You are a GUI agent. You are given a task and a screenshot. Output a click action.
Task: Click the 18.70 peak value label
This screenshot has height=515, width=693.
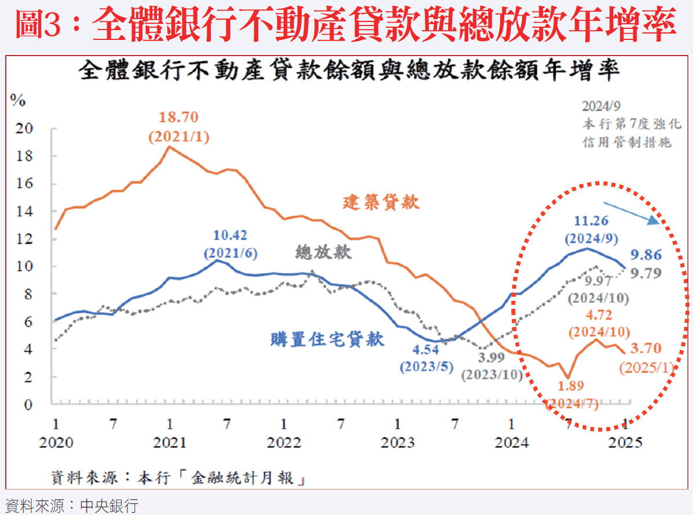pos(179,117)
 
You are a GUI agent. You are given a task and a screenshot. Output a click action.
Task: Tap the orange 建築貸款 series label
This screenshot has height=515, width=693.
pos(381,202)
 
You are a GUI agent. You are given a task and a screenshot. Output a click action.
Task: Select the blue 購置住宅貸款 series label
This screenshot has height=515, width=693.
pos(327,339)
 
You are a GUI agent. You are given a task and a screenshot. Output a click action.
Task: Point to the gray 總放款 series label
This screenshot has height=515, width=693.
pos(324,252)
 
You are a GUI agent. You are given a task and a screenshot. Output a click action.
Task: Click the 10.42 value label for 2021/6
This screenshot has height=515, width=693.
pos(230,236)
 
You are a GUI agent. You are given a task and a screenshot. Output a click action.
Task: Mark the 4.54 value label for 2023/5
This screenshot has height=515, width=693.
pos(426,350)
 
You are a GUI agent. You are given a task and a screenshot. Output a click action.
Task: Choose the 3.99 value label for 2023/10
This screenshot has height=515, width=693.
pos(492,358)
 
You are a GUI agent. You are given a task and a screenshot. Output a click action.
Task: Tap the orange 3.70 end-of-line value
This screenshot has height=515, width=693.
pos(645,348)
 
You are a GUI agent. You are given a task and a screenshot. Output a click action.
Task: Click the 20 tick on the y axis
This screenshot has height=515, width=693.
pos(23,128)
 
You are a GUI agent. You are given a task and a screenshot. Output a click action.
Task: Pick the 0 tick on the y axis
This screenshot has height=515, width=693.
pos(27,404)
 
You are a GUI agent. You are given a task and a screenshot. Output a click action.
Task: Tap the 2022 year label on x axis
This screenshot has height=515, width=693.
pos(284,443)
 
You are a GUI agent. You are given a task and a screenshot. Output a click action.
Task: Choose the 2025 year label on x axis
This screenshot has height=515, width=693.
pos(625,443)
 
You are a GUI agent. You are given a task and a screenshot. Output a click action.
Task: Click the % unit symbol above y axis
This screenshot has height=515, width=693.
pos(18,101)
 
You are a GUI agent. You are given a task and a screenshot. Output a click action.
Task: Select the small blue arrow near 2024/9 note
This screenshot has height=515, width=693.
pos(631,212)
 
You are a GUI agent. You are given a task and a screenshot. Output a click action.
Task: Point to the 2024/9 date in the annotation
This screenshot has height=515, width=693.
pos(602,106)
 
